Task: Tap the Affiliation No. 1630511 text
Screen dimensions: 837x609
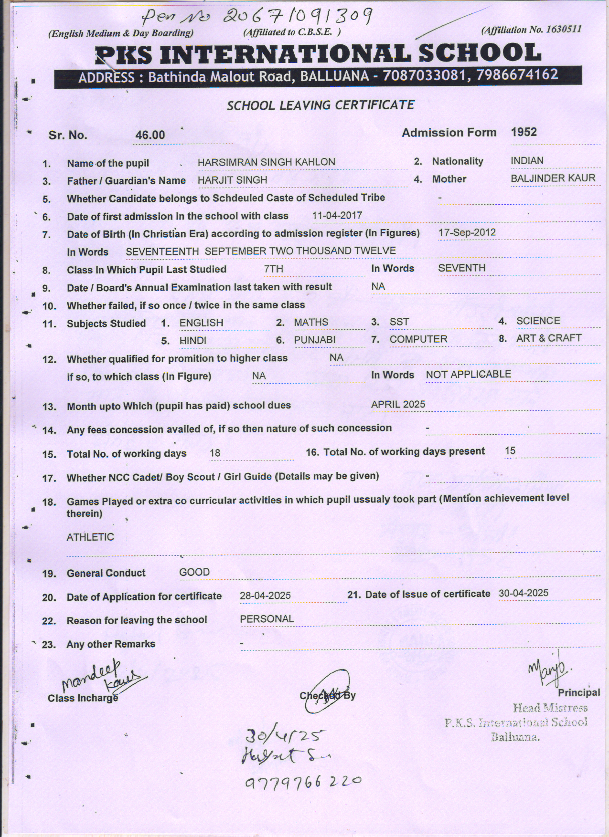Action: (x=532, y=30)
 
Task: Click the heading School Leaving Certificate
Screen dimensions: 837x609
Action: (x=321, y=105)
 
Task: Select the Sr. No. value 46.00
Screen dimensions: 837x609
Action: (x=150, y=135)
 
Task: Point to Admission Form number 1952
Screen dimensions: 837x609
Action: (x=524, y=132)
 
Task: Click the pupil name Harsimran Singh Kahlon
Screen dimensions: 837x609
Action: (x=266, y=162)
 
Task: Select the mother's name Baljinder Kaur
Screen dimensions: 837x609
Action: (x=553, y=178)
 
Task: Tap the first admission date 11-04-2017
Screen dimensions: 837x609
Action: (x=337, y=216)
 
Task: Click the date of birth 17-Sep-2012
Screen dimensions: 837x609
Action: (x=467, y=233)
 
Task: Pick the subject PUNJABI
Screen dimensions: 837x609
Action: (x=314, y=340)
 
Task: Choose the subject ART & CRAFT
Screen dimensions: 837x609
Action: (x=548, y=338)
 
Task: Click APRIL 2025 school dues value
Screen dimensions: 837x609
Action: (x=398, y=404)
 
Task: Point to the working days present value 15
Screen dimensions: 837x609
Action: (x=510, y=451)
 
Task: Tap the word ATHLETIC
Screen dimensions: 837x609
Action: (x=90, y=537)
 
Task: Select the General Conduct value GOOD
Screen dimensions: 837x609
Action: (x=194, y=572)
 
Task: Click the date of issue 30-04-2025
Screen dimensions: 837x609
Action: (x=523, y=593)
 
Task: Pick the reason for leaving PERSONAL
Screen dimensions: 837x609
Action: (x=267, y=619)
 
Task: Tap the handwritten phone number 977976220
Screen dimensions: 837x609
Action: (x=303, y=782)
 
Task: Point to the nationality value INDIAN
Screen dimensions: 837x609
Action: (x=527, y=161)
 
